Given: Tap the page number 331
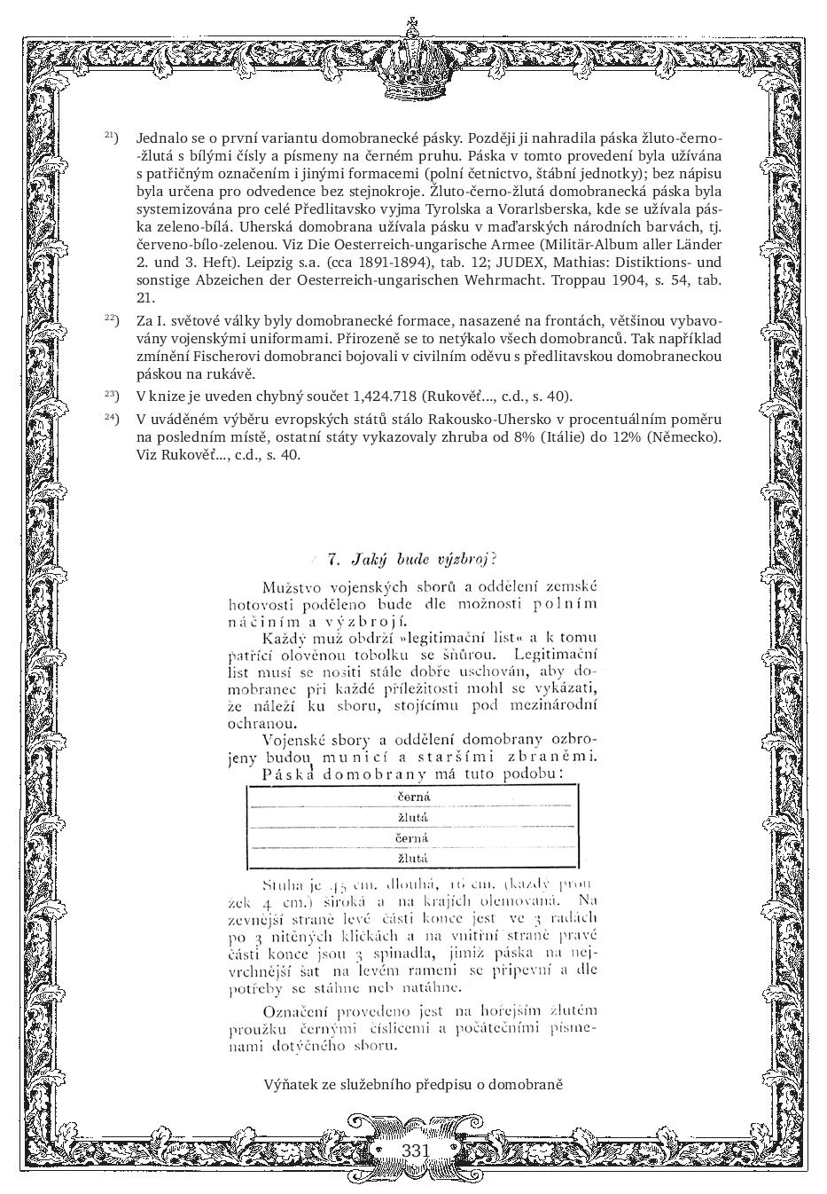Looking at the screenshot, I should (415, 1151).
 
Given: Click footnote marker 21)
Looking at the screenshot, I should (112, 137).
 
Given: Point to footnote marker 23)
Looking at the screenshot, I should (112, 394).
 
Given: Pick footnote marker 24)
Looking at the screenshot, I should (112, 417).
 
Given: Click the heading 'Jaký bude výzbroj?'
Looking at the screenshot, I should (411, 559).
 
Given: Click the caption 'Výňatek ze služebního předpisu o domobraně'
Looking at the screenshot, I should (413, 1084).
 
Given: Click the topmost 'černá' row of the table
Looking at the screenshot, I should (412, 797).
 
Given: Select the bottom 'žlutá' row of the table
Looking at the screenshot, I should (412, 858).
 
